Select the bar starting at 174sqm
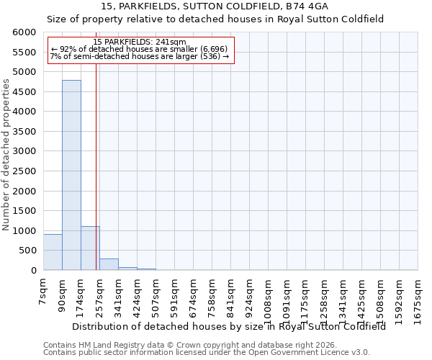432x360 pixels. click(x=90, y=248)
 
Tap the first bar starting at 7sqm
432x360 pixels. click(x=53, y=252)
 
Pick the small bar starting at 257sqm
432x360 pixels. click(x=109, y=264)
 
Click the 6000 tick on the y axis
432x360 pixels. click(x=24, y=32)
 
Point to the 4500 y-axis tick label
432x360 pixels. click(x=24, y=92)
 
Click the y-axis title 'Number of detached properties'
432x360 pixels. click(x=6, y=156)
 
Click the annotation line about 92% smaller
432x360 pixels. click(x=140, y=49)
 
